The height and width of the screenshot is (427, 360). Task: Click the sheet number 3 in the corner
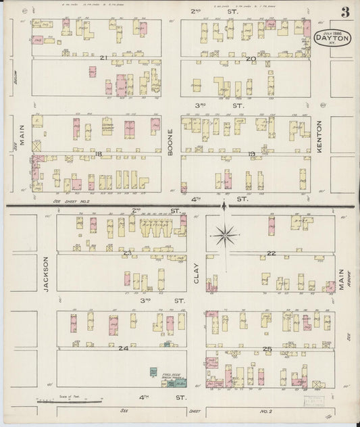(345, 12)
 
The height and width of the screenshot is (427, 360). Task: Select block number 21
(103, 57)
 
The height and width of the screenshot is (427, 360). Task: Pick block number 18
(98, 154)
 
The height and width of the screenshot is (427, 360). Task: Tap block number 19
(251, 154)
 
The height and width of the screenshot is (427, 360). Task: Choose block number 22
(272, 253)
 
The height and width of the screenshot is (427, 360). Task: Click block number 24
(123, 348)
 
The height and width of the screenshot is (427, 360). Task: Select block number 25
(267, 348)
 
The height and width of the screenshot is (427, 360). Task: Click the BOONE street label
(171, 145)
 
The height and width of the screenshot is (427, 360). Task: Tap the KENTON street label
(322, 129)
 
